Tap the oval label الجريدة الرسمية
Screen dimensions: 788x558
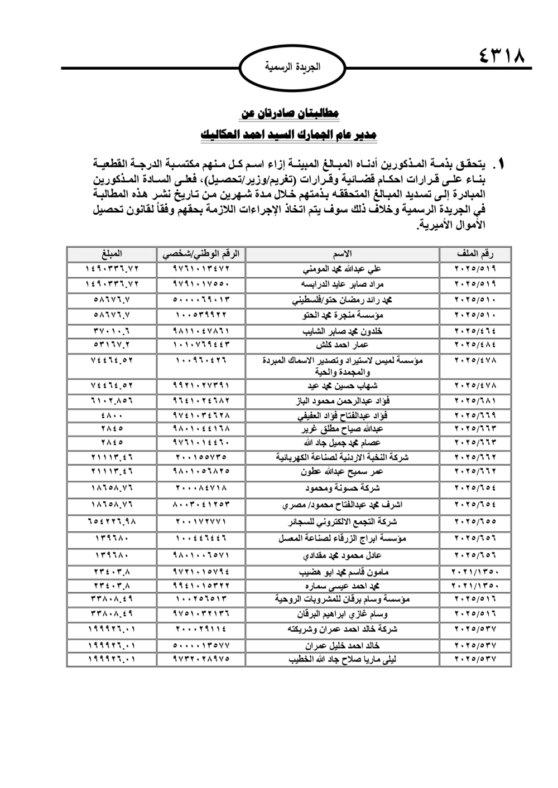[x=292, y=67]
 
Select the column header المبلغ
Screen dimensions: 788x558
[x=112, y=254]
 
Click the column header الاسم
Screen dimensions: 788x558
[x=342, y=254]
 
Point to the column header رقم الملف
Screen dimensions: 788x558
[x=475, y=254]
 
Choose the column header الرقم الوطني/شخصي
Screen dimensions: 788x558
[x=201, y=254]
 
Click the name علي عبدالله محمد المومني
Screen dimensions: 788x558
[x=342, y=269]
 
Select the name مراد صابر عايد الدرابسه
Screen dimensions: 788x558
[x=342, y=284]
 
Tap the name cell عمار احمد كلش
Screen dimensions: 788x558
[x=342, y=345]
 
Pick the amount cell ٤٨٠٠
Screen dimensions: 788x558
[x=112, y=415]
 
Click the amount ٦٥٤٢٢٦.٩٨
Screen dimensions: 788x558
[x=112, y=522]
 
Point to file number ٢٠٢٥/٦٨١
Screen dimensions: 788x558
[x=475, y=400]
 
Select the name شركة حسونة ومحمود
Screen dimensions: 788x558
[x=342, y=488]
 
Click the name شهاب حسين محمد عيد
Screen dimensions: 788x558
[x=342, y=385]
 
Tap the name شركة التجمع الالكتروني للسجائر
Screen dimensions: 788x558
[x=342, y=522]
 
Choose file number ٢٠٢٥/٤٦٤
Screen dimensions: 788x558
[x=475, y=331]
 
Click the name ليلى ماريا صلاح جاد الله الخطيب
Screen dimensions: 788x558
[x=342, y=659]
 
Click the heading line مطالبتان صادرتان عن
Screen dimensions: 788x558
[x=290, y=113]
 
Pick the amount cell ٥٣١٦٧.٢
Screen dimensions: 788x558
[x=112, y=345]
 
